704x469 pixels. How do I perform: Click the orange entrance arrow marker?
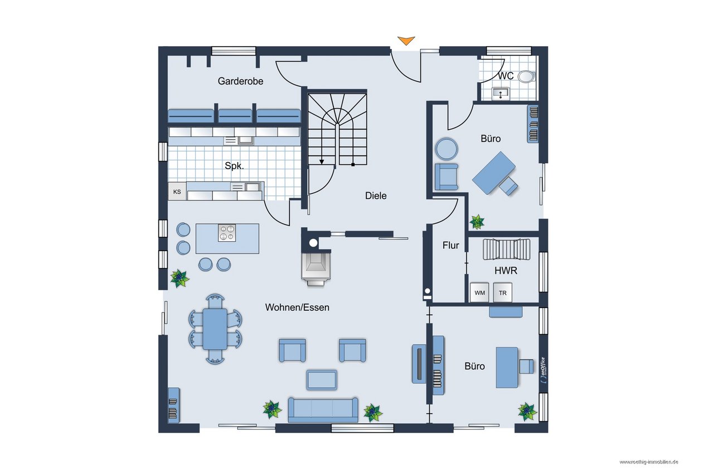(406, 40)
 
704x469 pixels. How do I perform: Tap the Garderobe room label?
(240, 81)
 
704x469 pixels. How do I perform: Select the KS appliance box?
(177, 192)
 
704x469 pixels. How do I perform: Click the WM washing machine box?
(479, 292)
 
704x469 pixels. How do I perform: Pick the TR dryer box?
(503, 292)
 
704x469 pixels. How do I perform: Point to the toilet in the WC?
(525, 76)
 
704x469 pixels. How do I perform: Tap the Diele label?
(376, 196)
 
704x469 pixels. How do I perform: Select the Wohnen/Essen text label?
(297, 307)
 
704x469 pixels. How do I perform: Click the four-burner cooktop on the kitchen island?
(226, 232)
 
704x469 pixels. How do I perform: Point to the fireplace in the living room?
(315, 267)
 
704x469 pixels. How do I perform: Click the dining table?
(215, 329)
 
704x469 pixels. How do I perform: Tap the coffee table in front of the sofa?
(322, 379)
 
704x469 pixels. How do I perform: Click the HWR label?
(506, 271)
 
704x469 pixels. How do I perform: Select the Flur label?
(450, 245)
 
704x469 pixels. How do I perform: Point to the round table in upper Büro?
(447, 149)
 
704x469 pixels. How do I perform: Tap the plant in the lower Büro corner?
(527, 411)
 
